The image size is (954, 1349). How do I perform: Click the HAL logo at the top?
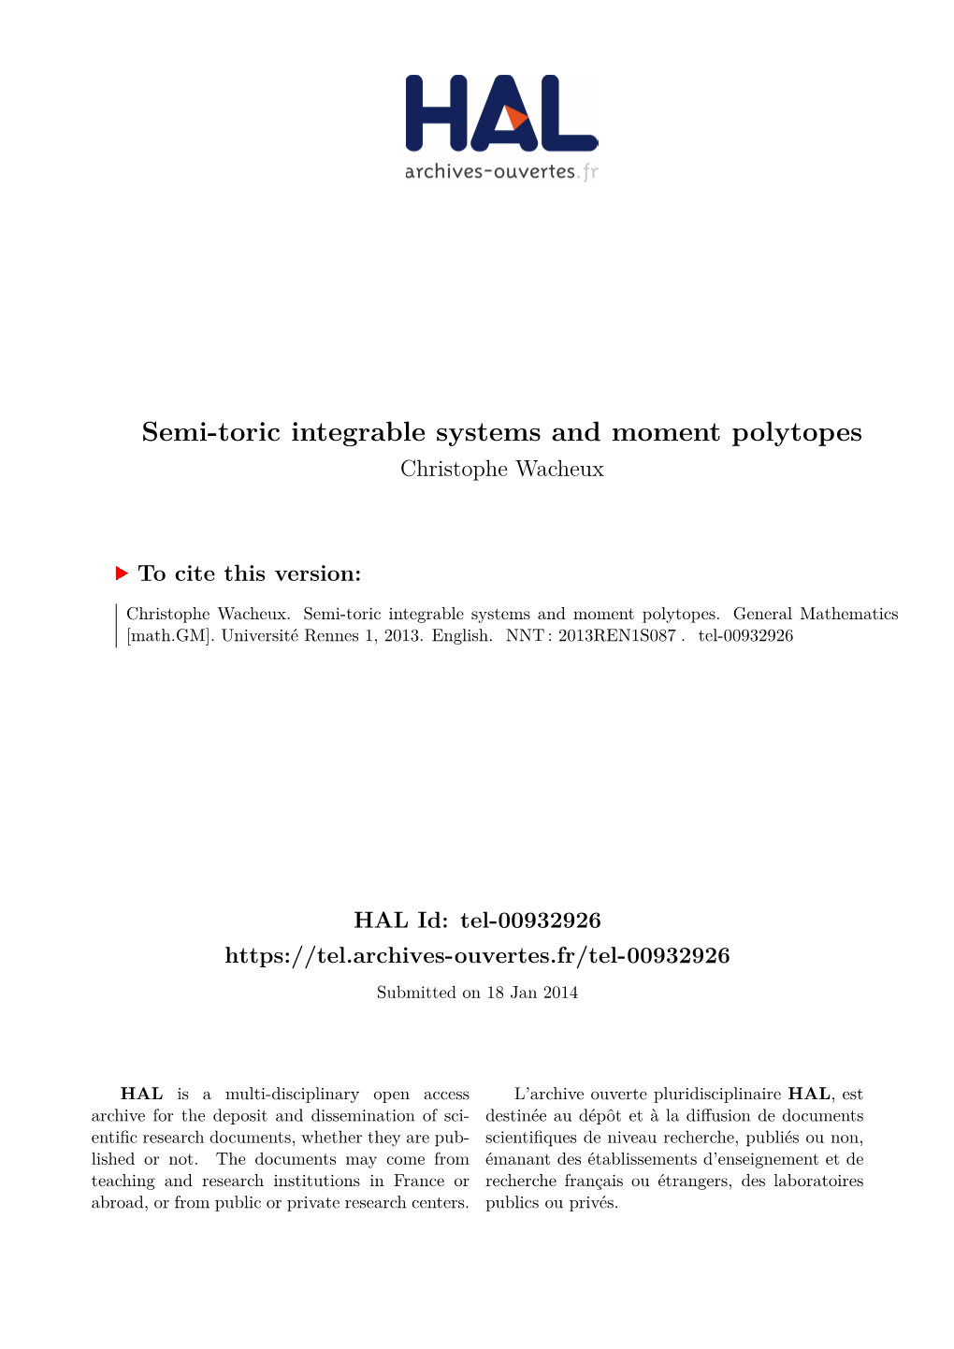tap(501, 114)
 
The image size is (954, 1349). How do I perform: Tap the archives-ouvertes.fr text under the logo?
tap(501, 171)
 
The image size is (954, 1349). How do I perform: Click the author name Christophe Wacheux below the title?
tap(502, 469)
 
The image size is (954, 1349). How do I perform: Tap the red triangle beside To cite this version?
tap(122, 573)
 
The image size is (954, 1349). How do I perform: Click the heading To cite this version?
tap(250, 573)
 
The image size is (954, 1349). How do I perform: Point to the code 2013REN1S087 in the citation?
tap(616, 636)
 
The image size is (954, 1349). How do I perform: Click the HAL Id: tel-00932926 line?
tap(477, 921)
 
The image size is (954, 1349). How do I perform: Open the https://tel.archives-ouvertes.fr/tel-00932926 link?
tap(477, 955)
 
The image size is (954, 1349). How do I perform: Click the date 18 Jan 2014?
tap(532, 993)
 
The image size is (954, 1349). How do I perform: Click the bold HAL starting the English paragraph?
tap(141, 1094)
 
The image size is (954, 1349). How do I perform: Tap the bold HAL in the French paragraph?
tap(809, 1094)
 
